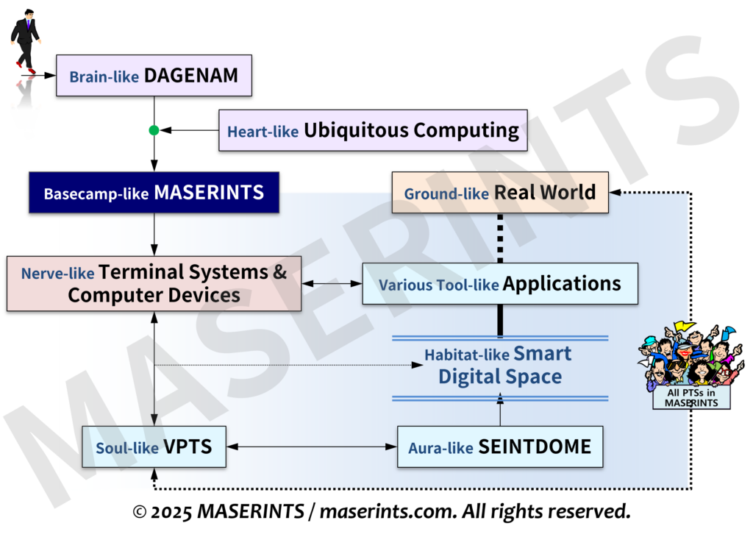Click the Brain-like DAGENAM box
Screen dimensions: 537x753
154,75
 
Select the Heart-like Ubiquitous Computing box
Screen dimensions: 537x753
373,131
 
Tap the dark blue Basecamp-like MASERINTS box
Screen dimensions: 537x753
154,193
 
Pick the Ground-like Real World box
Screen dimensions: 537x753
500,193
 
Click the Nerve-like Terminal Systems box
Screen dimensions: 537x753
154,283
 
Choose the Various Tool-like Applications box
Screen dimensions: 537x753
500,284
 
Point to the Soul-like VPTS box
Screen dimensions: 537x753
154,447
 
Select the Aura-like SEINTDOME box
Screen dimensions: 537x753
500,447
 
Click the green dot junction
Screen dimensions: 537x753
154,131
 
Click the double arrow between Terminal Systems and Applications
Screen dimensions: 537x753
332,283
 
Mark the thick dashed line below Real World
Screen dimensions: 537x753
500,238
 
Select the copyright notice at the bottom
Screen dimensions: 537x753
381,511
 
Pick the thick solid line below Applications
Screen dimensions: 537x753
500,320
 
